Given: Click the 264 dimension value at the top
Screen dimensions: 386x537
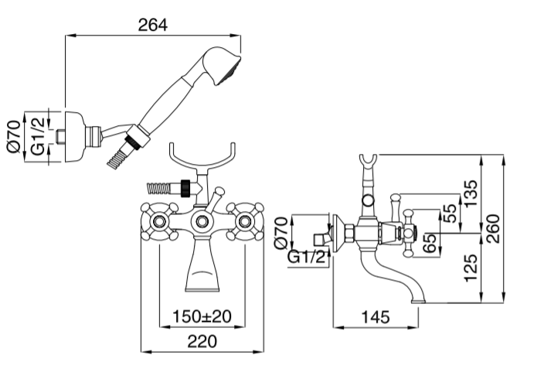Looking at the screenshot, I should coord(153,24).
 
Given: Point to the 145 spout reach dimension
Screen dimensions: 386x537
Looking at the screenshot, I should coord(374,316).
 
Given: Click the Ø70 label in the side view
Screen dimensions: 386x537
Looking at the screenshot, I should coord(282,232).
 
